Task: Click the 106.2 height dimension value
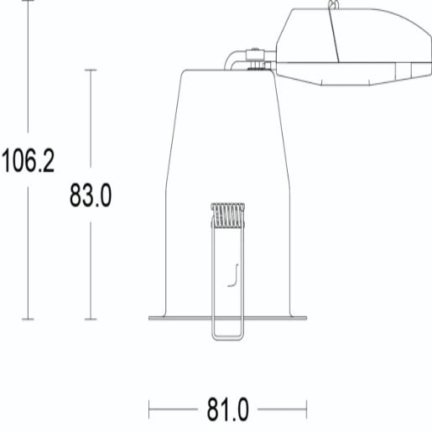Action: pos(28,159)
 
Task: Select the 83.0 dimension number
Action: pos(90,196)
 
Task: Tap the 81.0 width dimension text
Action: pos(227,411)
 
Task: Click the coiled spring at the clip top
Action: pos(227,216)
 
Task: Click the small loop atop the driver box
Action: pos(336,6)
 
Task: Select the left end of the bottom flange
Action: pos(150,318)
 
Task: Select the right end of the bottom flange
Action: pos(306,318)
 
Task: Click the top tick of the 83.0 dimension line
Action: pos(91,70)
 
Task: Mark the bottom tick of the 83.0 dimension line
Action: pos(91,319)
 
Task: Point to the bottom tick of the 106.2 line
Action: pos(29,319)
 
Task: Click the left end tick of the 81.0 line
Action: pos(149,410)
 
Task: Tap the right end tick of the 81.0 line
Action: pos(306,410)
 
